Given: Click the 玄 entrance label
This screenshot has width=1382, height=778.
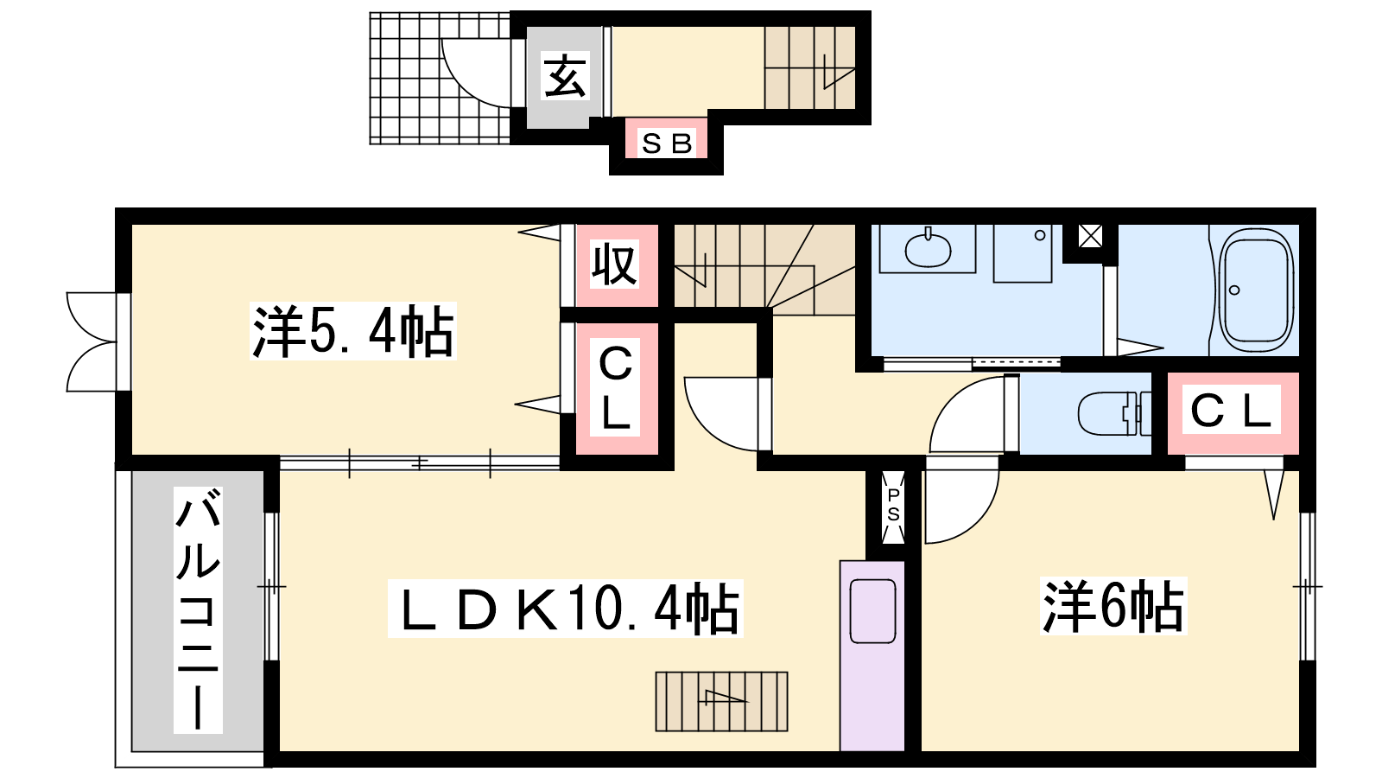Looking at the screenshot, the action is [x=565, y=77].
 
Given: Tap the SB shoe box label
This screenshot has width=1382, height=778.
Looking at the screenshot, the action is [x=666, y=143].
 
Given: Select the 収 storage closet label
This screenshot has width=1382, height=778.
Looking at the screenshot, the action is [x=614, y=265].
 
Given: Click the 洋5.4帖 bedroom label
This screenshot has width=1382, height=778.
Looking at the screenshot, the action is [x=353, y=331].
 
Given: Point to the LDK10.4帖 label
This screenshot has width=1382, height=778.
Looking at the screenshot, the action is [x=565, y=609].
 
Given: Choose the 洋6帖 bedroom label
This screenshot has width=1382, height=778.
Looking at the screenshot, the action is [x=1113, y=606].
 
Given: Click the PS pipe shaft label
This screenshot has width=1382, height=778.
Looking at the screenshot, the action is [x=893, y=505].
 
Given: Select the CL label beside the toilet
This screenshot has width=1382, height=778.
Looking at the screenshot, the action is [x=1232, y=410].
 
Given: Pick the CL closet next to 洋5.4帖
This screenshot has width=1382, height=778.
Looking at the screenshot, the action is [x=615, y=388].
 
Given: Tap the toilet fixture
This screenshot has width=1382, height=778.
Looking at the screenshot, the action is [x=1114, y=414].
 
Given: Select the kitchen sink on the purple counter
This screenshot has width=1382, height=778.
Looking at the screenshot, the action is [x=872, y=611].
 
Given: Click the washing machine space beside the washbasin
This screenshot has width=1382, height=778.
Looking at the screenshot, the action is [x=1023, y=253].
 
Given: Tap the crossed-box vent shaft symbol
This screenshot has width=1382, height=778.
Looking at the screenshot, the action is [x=1090, y=235].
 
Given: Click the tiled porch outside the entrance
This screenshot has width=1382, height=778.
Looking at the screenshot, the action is [x=440, y=79].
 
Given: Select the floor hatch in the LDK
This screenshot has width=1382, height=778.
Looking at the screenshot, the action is [x=721, y=701].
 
